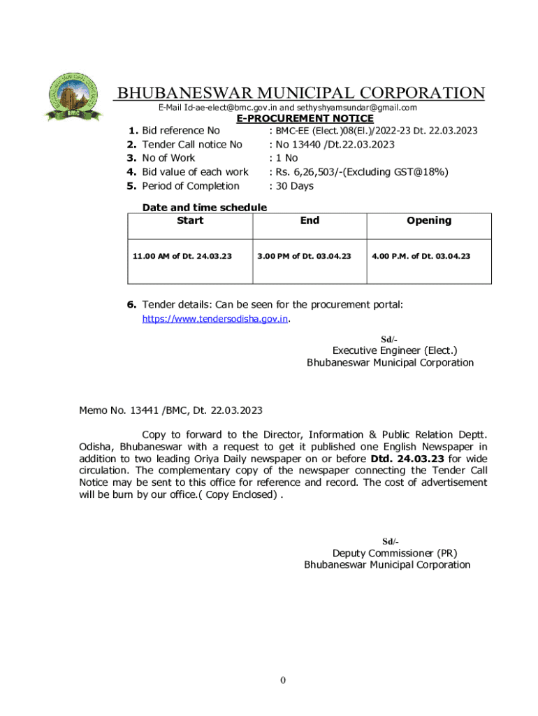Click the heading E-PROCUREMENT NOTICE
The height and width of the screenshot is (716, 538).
(305, 119)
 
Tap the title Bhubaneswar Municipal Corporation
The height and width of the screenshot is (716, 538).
(300, 93)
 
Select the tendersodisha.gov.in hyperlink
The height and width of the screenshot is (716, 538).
(215, 319)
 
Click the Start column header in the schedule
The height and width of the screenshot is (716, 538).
(190, 220)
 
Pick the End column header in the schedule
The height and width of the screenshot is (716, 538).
(310, 220)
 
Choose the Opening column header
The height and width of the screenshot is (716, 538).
(429, 220)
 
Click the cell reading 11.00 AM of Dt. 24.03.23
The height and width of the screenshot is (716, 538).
(182, 256)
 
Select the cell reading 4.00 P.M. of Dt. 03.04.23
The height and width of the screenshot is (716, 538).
(421, 256)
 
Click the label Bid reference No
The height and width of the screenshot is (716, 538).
(181, 131)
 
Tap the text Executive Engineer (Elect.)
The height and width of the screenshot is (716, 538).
(395, 350)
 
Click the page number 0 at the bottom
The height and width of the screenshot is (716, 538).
(282, 680)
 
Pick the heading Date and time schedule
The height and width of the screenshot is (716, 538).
(205, 207)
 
